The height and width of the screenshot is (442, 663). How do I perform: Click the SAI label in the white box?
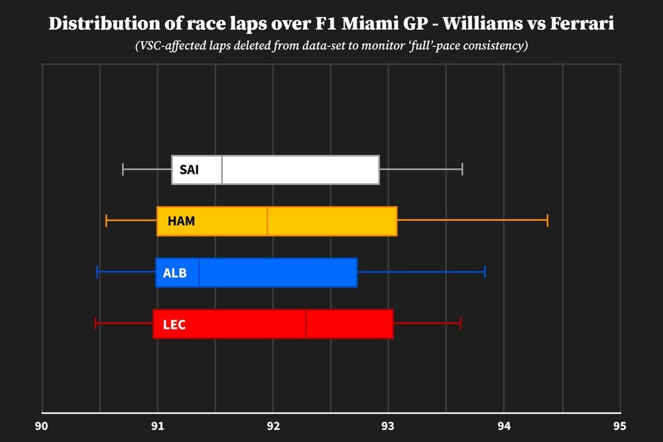pyautogui.click(x=189, y=170)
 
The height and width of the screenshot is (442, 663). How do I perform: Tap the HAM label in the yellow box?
pyautogui.click(x=181, y=221)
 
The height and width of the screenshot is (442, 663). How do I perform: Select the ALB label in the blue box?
pyautogui.click(x=174, y=272)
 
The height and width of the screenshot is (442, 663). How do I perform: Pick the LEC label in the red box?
pyautogui.click(x=174, y=324)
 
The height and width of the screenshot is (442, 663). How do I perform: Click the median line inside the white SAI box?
pyautogui.click(x=222, y=170)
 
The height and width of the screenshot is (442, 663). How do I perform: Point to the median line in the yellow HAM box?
pyautogui.click(x=267, y=221)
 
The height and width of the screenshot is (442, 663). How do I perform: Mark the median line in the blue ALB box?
pyautogui.click(x=200, y=272)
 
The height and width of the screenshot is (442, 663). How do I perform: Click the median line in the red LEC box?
pyautogui.click(x=306, y=324)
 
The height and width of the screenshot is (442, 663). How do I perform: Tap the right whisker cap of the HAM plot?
pyautogui.click(x=548, y=221)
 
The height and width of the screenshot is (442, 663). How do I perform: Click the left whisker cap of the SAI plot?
pyautogui.click(x=123, y=170)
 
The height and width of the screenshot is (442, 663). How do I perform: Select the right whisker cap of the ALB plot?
pyautogui.click(x=485, y=272)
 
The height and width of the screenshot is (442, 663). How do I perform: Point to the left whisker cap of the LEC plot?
pyautogui.click(x=96, y=324)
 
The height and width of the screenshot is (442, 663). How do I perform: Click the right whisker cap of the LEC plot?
pyautogui.click(x=460, y=324)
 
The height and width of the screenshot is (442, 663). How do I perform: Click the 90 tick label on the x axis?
pyautogui.click(x=42, y=426)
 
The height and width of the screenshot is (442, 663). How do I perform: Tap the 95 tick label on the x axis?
pyautogui.click(x=619, y=426)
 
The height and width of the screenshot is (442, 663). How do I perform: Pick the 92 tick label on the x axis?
pyautogui.click(x=273, y=426)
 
